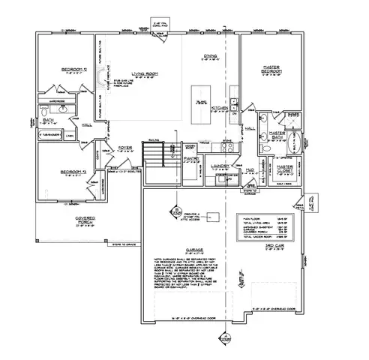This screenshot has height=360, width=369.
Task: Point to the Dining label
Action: (211, 56)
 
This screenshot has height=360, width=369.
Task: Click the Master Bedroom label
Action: (271, 70)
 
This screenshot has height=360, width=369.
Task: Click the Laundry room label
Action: (219, 167)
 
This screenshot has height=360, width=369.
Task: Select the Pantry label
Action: (190, 159)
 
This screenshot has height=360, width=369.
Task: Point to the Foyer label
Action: (125, 148)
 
